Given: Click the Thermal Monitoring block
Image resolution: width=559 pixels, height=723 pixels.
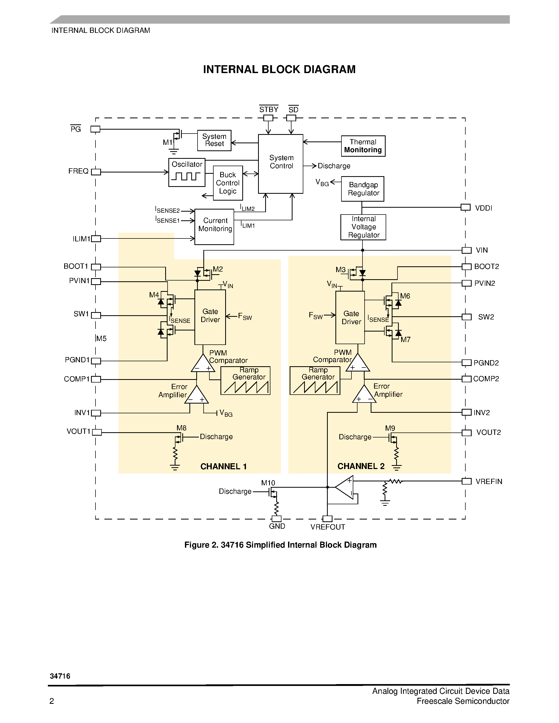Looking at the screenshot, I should pos(363,146).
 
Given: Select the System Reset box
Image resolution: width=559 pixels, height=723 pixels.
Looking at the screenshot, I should pos(214,140).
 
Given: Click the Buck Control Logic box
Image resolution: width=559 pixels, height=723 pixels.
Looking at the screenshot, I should pos(228,183).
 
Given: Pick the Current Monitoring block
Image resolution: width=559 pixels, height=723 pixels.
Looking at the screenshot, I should pos(214,227).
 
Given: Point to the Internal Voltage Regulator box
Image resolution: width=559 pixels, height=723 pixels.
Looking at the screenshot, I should pos(363,227).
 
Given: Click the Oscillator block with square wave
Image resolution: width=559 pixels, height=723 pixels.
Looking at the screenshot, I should pos(187,172).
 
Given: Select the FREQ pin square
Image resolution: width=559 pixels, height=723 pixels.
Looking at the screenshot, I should pos(96,172).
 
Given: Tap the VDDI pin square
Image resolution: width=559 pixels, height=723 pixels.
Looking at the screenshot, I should pos(465,207).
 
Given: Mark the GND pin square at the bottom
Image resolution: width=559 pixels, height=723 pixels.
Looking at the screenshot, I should pos(276,519).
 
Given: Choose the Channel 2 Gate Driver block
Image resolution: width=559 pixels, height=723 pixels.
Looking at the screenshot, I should pos(350,318).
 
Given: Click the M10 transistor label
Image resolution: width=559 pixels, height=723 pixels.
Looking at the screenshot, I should pos(268,483).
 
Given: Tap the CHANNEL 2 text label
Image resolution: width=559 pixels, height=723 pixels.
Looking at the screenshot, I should pos(361,466).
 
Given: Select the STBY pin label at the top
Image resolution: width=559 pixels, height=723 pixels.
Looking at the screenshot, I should pos(269,110).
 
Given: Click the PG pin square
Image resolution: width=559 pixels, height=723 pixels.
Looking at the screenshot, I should pos(95,129).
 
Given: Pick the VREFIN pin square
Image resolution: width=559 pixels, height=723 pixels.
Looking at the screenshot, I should pos(466,481).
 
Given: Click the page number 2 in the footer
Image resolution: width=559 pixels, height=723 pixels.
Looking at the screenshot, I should pos(52,701).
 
